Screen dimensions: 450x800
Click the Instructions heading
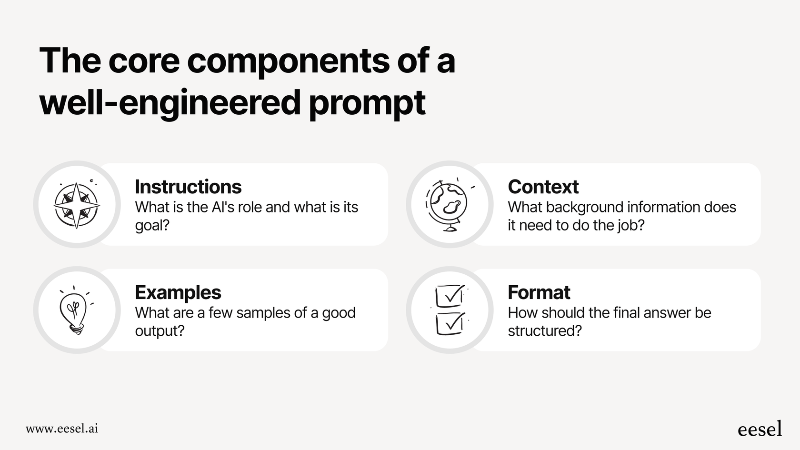click(x=188, y=187)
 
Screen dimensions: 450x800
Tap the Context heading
click(x=543, y=187)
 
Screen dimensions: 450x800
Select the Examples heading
click(x=178, y=292)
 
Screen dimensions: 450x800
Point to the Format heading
click(x=539, y=292)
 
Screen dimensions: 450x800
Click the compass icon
click(x=77, y=205)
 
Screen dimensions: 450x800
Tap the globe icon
click(x=448, y=205)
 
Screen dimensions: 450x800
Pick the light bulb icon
click(x=74, y=310)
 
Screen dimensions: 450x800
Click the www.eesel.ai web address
click(x=62, y=429)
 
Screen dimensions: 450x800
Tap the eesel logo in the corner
click(x=760, y=429)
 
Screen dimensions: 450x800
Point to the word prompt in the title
click(x=367, y=103)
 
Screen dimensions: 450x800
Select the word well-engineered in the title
click(x=170, y=103)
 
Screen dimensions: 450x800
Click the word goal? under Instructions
click(x=152, y=225)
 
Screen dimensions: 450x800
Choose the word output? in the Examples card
click(x=160, y=331)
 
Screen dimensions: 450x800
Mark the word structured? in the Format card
click(x=545, y=331)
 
